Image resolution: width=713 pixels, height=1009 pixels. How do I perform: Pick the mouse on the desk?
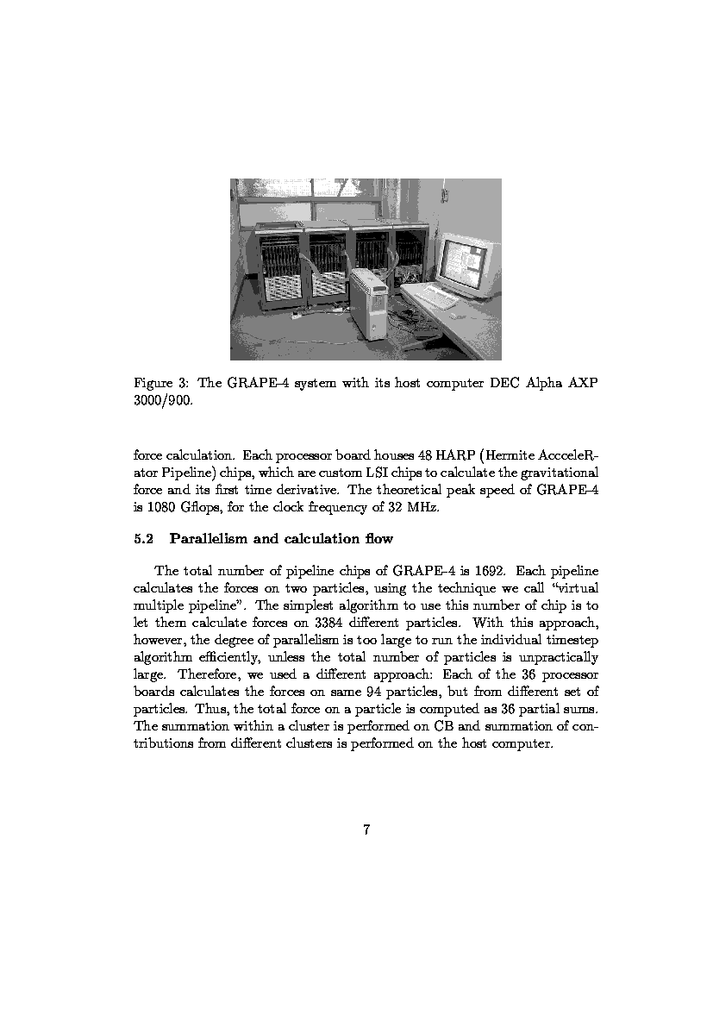[460, 316]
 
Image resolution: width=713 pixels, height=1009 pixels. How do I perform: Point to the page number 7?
[366, 830]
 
